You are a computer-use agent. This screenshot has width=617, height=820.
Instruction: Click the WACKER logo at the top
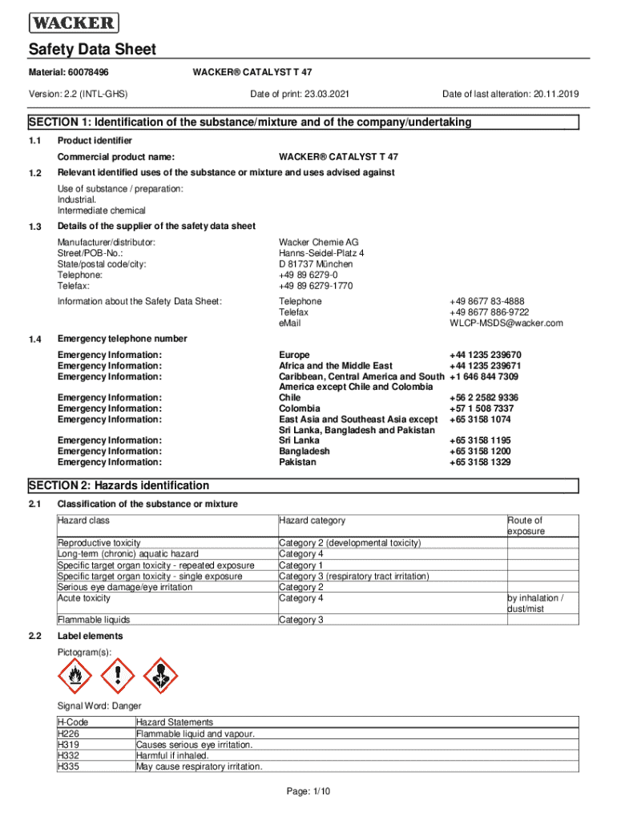click(74, 22)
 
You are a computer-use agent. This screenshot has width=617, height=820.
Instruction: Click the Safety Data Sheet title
click(92, 50)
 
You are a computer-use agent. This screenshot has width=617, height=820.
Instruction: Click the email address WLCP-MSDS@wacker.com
click(506, 323)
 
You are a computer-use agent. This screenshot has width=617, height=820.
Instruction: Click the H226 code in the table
click(68, 733)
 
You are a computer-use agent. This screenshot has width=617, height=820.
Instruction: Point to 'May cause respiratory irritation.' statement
click(199, 766)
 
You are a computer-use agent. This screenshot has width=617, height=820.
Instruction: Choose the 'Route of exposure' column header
click(525, 525)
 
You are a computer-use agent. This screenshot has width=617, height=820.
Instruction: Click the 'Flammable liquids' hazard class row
click(93, 619)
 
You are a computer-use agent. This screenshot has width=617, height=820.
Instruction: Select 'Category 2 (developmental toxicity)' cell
click(349, 542)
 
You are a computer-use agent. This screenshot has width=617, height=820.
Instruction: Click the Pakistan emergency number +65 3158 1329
click(479, 461)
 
